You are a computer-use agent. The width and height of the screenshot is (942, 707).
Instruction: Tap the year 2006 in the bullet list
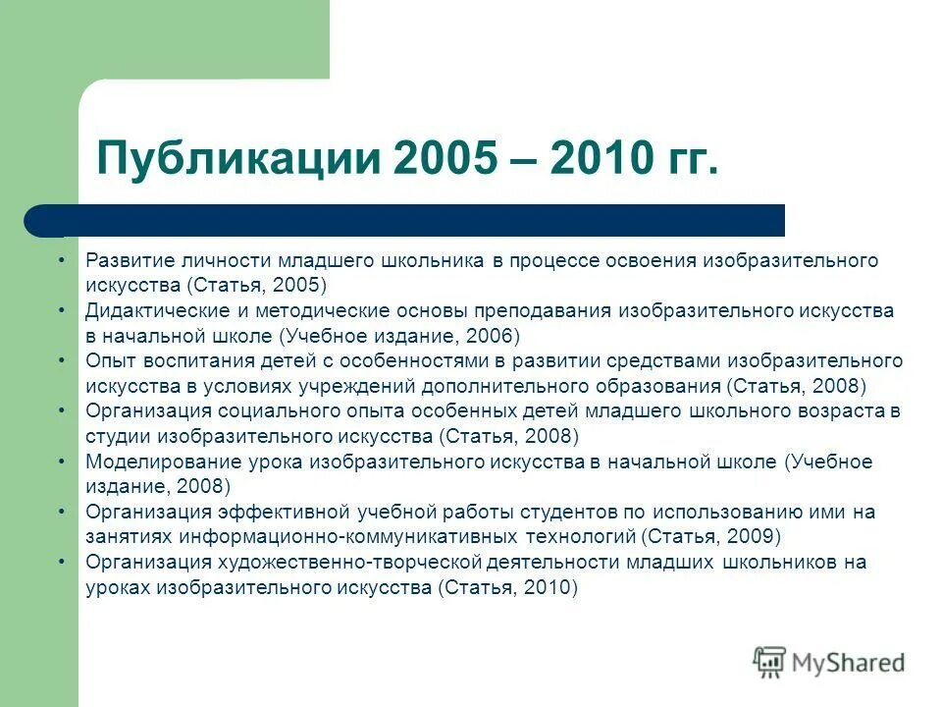486,336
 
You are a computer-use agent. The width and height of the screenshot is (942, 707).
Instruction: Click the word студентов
563,512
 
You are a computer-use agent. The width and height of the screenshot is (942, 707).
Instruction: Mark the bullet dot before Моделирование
62,461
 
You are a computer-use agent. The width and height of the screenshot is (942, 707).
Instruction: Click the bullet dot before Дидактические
62,309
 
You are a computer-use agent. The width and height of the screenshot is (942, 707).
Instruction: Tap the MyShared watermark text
847,662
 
